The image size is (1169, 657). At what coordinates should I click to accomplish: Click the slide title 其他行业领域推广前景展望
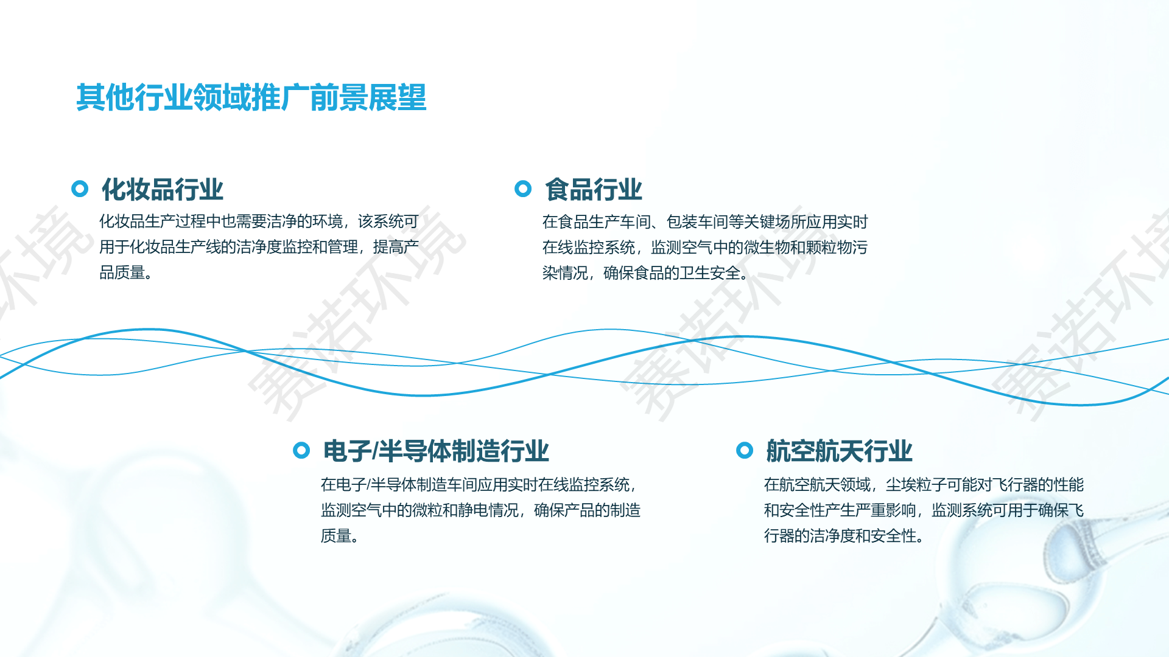[251, 98]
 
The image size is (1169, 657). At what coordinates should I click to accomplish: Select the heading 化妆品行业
[163, 189]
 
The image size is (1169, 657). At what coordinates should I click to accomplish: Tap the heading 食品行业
[594, 189]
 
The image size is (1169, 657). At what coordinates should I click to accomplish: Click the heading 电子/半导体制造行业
[436, 451]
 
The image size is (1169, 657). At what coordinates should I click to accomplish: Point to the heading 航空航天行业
[839, 451]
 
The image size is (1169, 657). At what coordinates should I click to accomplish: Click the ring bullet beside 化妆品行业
[80, 189]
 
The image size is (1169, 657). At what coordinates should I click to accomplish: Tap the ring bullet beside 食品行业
[523, 189]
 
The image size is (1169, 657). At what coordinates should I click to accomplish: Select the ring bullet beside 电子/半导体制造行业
[301, 450]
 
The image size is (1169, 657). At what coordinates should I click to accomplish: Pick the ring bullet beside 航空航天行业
[745, 450]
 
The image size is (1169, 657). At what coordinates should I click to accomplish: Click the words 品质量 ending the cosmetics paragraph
[122, 273]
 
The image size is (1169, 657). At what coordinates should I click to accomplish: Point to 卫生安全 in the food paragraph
[710, 273]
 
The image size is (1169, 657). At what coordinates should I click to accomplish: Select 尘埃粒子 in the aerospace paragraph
[916, 485]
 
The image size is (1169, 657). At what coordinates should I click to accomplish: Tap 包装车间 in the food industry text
[697, 222]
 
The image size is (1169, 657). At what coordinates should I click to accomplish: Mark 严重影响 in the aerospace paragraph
[886, 510]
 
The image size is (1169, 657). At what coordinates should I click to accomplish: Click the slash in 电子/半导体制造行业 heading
[375, 451]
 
